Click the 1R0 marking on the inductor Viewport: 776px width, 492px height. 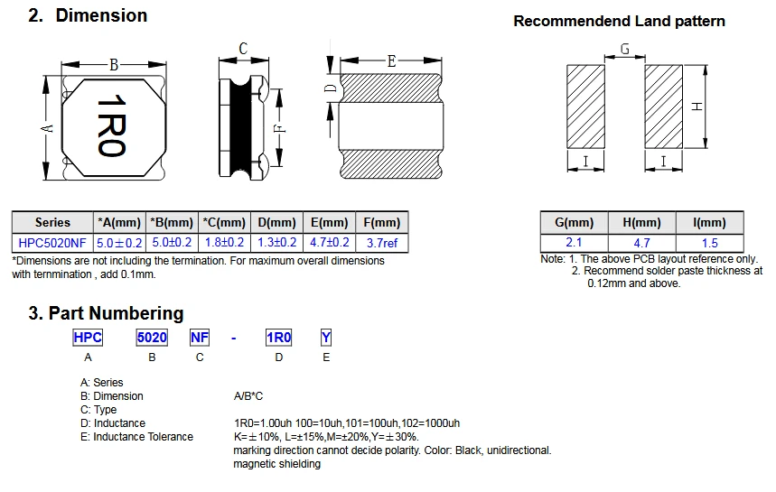click(x=111, y=127)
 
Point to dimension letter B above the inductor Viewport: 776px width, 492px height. click(x=114, y=64)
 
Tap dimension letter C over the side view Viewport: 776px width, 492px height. click(x=244, y=49)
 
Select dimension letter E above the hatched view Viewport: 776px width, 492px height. click(x=391, y=61)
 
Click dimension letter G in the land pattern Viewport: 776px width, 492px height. click(x=625, y=50)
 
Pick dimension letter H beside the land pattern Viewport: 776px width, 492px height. click(x=697, y=107)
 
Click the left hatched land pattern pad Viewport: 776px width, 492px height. click(x=585, y=107)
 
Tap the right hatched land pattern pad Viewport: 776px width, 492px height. click(x=663, y=107)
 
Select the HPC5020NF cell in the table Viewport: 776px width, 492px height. click(x=52, y=242)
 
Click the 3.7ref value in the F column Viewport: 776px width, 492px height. click(x=380, y=242)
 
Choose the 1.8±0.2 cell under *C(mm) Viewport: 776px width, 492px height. click(x=224, y=242)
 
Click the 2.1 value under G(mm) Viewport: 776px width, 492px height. click(x=574, y=243)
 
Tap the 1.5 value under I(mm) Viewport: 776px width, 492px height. click(x=709, y=243)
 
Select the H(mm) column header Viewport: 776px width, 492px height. click(x=641, y=223)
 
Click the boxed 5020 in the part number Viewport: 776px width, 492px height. click(x=152, y=338)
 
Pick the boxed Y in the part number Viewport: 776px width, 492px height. click(x=326, y=338)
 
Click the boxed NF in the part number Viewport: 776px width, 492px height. click(x=200, y=338)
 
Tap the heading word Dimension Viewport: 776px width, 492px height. click(x=101, y=15)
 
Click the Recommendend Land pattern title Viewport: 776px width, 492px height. click(x=619, y=21)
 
